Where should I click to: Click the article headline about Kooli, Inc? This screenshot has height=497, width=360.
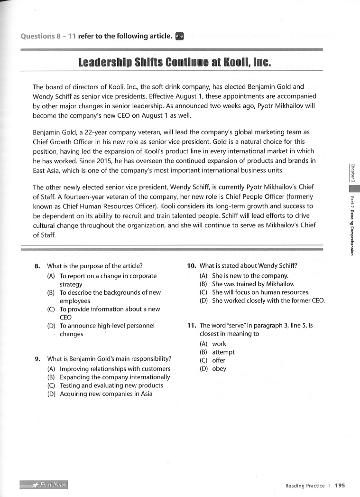click(174, 63)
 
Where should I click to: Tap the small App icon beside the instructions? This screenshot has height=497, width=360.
click(179, 36)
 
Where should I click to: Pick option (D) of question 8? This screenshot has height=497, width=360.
click(107, 330)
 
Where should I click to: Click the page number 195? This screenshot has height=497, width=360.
click(340, 486)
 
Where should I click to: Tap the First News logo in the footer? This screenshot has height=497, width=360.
click(44, 485)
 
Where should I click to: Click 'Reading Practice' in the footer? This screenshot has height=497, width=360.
click(305, 486)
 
